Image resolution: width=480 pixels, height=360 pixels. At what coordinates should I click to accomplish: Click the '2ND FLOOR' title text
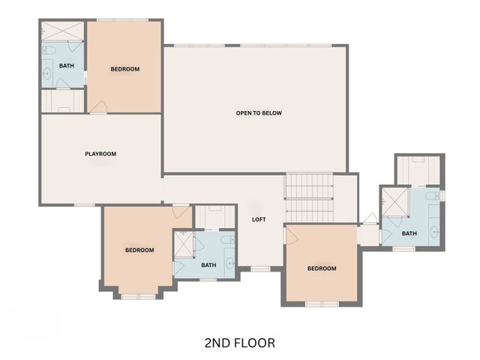tap(239, 343)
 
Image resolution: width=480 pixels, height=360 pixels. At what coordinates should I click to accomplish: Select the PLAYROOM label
tap(100, 154)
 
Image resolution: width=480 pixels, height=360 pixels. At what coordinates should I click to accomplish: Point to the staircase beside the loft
tap(308, 196)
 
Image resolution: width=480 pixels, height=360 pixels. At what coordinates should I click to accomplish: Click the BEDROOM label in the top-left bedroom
tap(125, 70)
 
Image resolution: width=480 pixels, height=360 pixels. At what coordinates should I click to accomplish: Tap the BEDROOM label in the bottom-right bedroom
tap(322, 268)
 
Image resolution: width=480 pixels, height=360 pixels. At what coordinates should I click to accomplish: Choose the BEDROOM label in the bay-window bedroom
tap(139, 250)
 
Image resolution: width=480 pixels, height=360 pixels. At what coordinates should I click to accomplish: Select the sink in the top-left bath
tap(46, 73)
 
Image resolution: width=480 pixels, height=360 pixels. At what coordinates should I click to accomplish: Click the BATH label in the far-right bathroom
tap(409, 233)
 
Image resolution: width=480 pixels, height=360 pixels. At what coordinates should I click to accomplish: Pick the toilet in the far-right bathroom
tap(430, 196)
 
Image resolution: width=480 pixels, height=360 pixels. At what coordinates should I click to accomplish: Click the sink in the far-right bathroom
tap(433, 230)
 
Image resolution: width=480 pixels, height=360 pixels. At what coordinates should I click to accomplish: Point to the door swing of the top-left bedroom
tap(98, 106)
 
